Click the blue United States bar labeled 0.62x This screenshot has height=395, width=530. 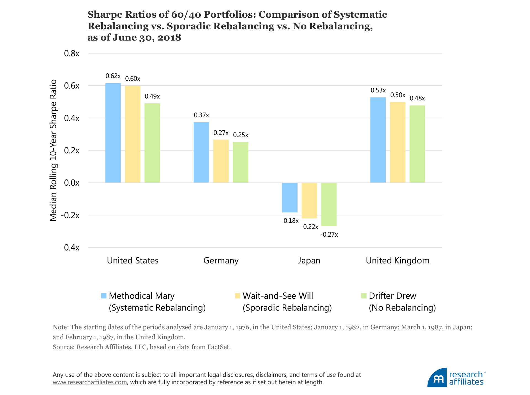point(113,133)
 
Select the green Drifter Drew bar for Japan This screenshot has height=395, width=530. point(329,204)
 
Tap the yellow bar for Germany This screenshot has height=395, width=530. point(221,161)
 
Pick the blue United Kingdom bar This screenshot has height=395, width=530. point(378,140)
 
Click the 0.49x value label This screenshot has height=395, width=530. point(152,97)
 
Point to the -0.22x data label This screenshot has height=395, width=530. point(309,227)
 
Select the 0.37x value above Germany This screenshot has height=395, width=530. point(201,115)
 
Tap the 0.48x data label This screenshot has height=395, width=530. point(417,98)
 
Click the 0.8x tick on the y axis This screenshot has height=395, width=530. point(72,54)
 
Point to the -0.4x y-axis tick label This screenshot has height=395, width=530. point(70,248)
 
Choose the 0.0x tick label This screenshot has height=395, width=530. point(72,183)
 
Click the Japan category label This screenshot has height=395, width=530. point(309,261)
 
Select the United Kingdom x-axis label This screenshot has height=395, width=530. point(397,261)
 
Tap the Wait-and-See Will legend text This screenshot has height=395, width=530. point(278,296)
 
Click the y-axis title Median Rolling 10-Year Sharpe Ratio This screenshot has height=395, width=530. point(53,150)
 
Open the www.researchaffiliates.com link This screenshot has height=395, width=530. point(90,383)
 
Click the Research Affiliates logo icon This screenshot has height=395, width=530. point(437,378)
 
